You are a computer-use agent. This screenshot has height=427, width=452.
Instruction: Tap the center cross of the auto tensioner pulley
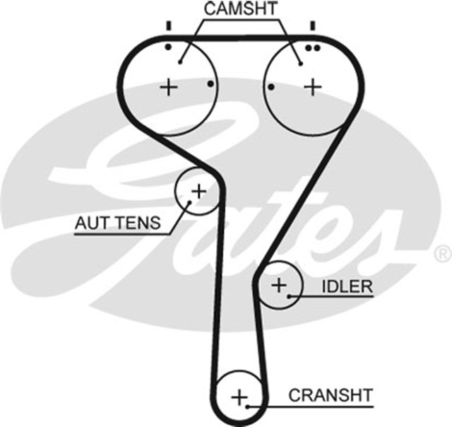point(199,190)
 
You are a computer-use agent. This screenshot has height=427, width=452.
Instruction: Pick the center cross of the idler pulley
point(279,286)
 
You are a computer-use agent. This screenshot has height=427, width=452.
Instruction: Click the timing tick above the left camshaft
point(168,26)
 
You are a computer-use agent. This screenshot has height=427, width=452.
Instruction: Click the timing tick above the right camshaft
point(311,26)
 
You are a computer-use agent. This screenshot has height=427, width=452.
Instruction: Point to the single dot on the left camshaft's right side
point(210,84)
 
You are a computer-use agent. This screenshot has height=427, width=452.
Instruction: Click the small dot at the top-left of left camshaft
point(168,47)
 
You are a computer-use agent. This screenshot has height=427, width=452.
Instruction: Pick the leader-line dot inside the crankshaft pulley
point(249,405)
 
